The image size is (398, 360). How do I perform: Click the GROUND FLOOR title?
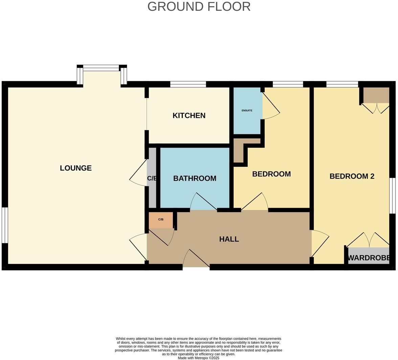(x=199, y=6)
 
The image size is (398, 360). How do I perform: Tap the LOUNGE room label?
(x=76, y=168)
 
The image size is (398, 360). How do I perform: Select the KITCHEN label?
(x=189, y=116)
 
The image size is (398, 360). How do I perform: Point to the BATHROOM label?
(x=195, y=178)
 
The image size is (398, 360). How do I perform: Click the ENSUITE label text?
(x=247, y=111)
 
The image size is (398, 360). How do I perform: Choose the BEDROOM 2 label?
(x=352, y=176)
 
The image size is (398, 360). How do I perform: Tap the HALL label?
(x=229, y=239)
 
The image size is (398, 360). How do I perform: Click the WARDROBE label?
(x=369, y=258)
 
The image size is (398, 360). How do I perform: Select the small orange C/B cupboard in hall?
(x=161, y=220)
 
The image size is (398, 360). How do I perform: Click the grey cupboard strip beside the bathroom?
(x=152, y=178)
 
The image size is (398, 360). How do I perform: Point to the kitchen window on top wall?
(x=188, y=84)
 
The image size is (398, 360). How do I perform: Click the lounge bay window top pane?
(x=101, y=68)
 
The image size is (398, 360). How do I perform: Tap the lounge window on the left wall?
(x=5, y=225)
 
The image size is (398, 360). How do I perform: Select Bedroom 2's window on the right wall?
(x=393, y=196)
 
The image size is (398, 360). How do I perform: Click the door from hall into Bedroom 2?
(x=320, y=244)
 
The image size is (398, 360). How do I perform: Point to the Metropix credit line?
(x=198, y=358)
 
